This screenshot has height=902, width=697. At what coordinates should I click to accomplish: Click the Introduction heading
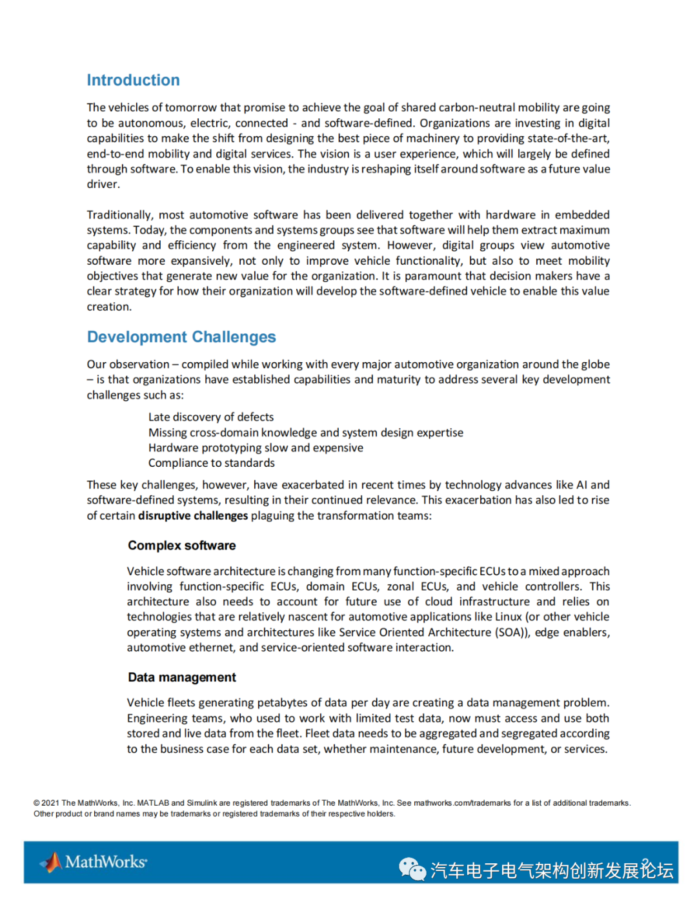[x=133, y=80]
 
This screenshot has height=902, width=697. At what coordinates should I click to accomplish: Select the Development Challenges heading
[x=181, y=337]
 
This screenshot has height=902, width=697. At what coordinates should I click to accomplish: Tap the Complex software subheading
[x=181, y=546]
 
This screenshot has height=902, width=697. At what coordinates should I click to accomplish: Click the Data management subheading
[x=181, y=677]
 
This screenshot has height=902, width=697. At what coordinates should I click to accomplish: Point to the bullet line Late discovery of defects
[x=211, y=417]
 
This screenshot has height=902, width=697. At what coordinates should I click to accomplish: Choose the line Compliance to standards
[x=211, y=463]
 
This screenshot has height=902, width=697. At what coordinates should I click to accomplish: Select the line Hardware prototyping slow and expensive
[x=256, y=448]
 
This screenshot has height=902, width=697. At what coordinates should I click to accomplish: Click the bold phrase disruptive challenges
[x=193, y=516]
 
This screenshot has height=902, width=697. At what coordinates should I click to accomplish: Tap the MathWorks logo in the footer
[x=94, y=862]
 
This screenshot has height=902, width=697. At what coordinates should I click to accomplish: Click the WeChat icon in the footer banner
[x=412, y=869]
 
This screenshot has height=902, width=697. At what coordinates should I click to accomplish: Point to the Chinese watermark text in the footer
[x=552, y=870]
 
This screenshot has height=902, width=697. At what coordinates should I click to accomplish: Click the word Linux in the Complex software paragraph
[x=508, y=617]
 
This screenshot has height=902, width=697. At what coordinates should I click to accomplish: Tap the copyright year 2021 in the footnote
[x=50, y=803]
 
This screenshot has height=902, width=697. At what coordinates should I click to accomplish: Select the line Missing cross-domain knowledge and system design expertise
[x=305, y=433]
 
